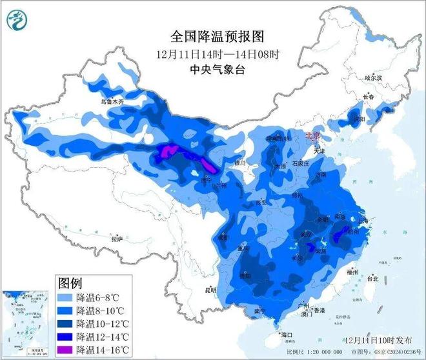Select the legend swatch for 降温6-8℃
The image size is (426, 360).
pos(65,298)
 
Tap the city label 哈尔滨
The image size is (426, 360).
pos(374,77)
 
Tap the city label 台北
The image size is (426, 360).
pos(373,279)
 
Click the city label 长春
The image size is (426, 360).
pos(369,96)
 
